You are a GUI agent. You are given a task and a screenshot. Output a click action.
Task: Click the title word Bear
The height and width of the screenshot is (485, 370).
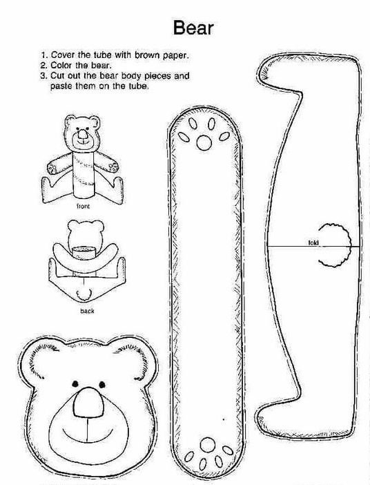193,28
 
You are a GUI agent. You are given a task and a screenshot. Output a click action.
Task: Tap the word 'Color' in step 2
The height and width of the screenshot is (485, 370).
61,66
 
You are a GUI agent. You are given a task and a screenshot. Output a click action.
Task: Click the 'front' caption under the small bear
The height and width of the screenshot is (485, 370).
83,207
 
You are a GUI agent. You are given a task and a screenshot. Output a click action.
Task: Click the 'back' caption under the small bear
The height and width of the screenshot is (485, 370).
87,311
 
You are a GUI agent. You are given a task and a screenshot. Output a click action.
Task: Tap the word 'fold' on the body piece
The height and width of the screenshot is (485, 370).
313,242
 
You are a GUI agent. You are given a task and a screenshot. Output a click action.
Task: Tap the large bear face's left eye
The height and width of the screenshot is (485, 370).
75,384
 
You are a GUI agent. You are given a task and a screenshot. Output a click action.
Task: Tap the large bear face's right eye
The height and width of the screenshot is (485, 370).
102,385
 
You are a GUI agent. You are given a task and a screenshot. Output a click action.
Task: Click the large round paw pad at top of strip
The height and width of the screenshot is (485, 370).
204,142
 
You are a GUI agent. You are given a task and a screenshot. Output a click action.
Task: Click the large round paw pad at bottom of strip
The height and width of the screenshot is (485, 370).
208,445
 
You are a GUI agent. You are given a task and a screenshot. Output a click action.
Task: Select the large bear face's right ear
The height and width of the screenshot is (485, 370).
136,359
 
